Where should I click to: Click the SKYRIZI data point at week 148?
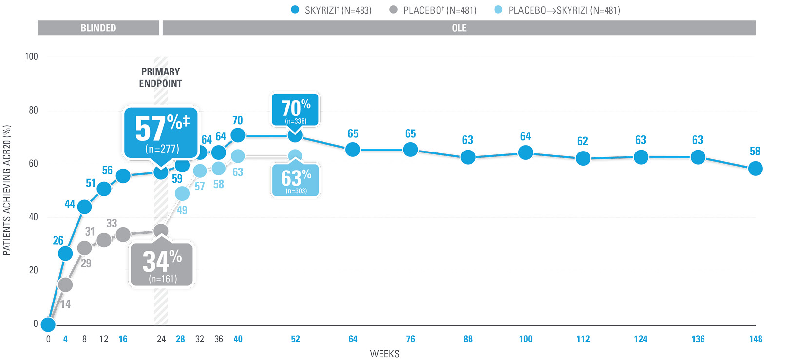[x=755, y=169]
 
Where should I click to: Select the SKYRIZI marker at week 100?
[x=525, y=152]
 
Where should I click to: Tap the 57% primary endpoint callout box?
[x=161, y=133]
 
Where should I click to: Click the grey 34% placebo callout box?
[x=162, y=265]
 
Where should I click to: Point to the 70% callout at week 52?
[x=296, y=110]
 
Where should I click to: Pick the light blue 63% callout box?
[x=296, y=180]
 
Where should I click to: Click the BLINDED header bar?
[x=98, y=28]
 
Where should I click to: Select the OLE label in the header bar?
[x=459, y=28]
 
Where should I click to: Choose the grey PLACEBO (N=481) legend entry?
[x=433, y=10]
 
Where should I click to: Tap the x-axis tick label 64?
[x=353, y=339]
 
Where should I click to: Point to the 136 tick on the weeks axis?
[x=698, y=339]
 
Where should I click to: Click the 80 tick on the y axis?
[x=33, y=110]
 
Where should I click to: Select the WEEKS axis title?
[x=384, y=354]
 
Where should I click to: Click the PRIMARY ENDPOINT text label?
[x=161, y=77]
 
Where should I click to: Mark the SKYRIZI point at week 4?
[x=65, y=253]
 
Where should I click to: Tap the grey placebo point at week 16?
[x=123, y=235]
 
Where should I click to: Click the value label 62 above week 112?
[x=583, y=141]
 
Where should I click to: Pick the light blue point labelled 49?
[x=182, y=193]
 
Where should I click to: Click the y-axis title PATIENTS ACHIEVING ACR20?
[x=7, y=190]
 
